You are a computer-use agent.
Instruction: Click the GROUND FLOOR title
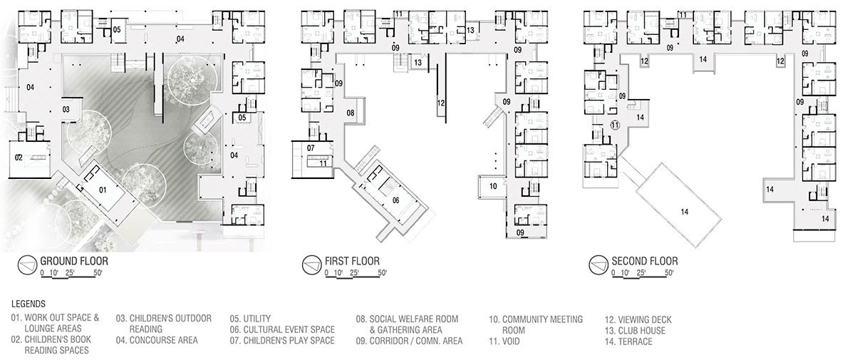click(x=73, y=261)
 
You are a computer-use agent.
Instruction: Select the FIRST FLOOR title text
click(x=353, y=261)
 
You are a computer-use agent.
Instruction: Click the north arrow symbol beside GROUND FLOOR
click(x=28, y=264)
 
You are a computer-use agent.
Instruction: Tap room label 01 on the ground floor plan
click(x=101, y=190)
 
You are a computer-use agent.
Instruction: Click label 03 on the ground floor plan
click(x=65, y=110)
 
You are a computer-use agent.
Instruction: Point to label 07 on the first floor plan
click(x=312, y=148)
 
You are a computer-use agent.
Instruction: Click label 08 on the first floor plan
click(x=351, y=113)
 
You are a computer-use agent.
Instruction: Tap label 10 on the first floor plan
click(x=494, y=186)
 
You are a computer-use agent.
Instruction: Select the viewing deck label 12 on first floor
click(x=441, y=103)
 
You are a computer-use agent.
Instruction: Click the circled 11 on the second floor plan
click(x=616, y=124)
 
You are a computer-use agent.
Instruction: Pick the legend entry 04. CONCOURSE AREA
click(x=157, y=341)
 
